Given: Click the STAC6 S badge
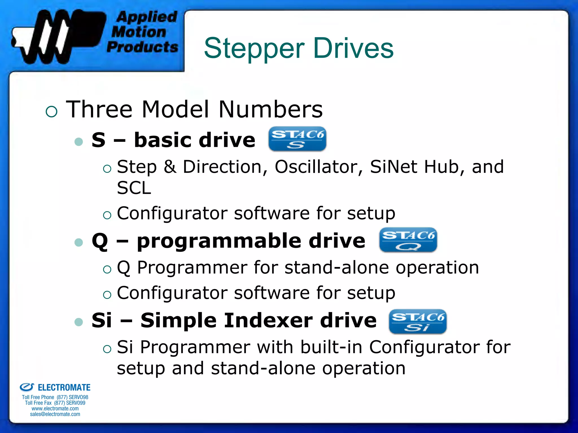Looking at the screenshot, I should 297,139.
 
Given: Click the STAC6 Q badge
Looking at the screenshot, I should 408,240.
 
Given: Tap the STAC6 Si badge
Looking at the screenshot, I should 418,321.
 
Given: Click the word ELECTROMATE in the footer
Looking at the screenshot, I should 64,387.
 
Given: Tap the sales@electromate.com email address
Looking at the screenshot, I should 55,414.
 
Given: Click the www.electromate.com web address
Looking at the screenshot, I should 55,408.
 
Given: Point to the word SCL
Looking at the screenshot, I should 134,188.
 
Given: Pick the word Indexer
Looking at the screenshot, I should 269,321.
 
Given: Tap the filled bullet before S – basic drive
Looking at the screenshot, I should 78,141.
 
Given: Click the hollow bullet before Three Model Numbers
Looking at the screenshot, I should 51,112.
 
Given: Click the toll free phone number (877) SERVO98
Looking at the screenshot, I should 73,397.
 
